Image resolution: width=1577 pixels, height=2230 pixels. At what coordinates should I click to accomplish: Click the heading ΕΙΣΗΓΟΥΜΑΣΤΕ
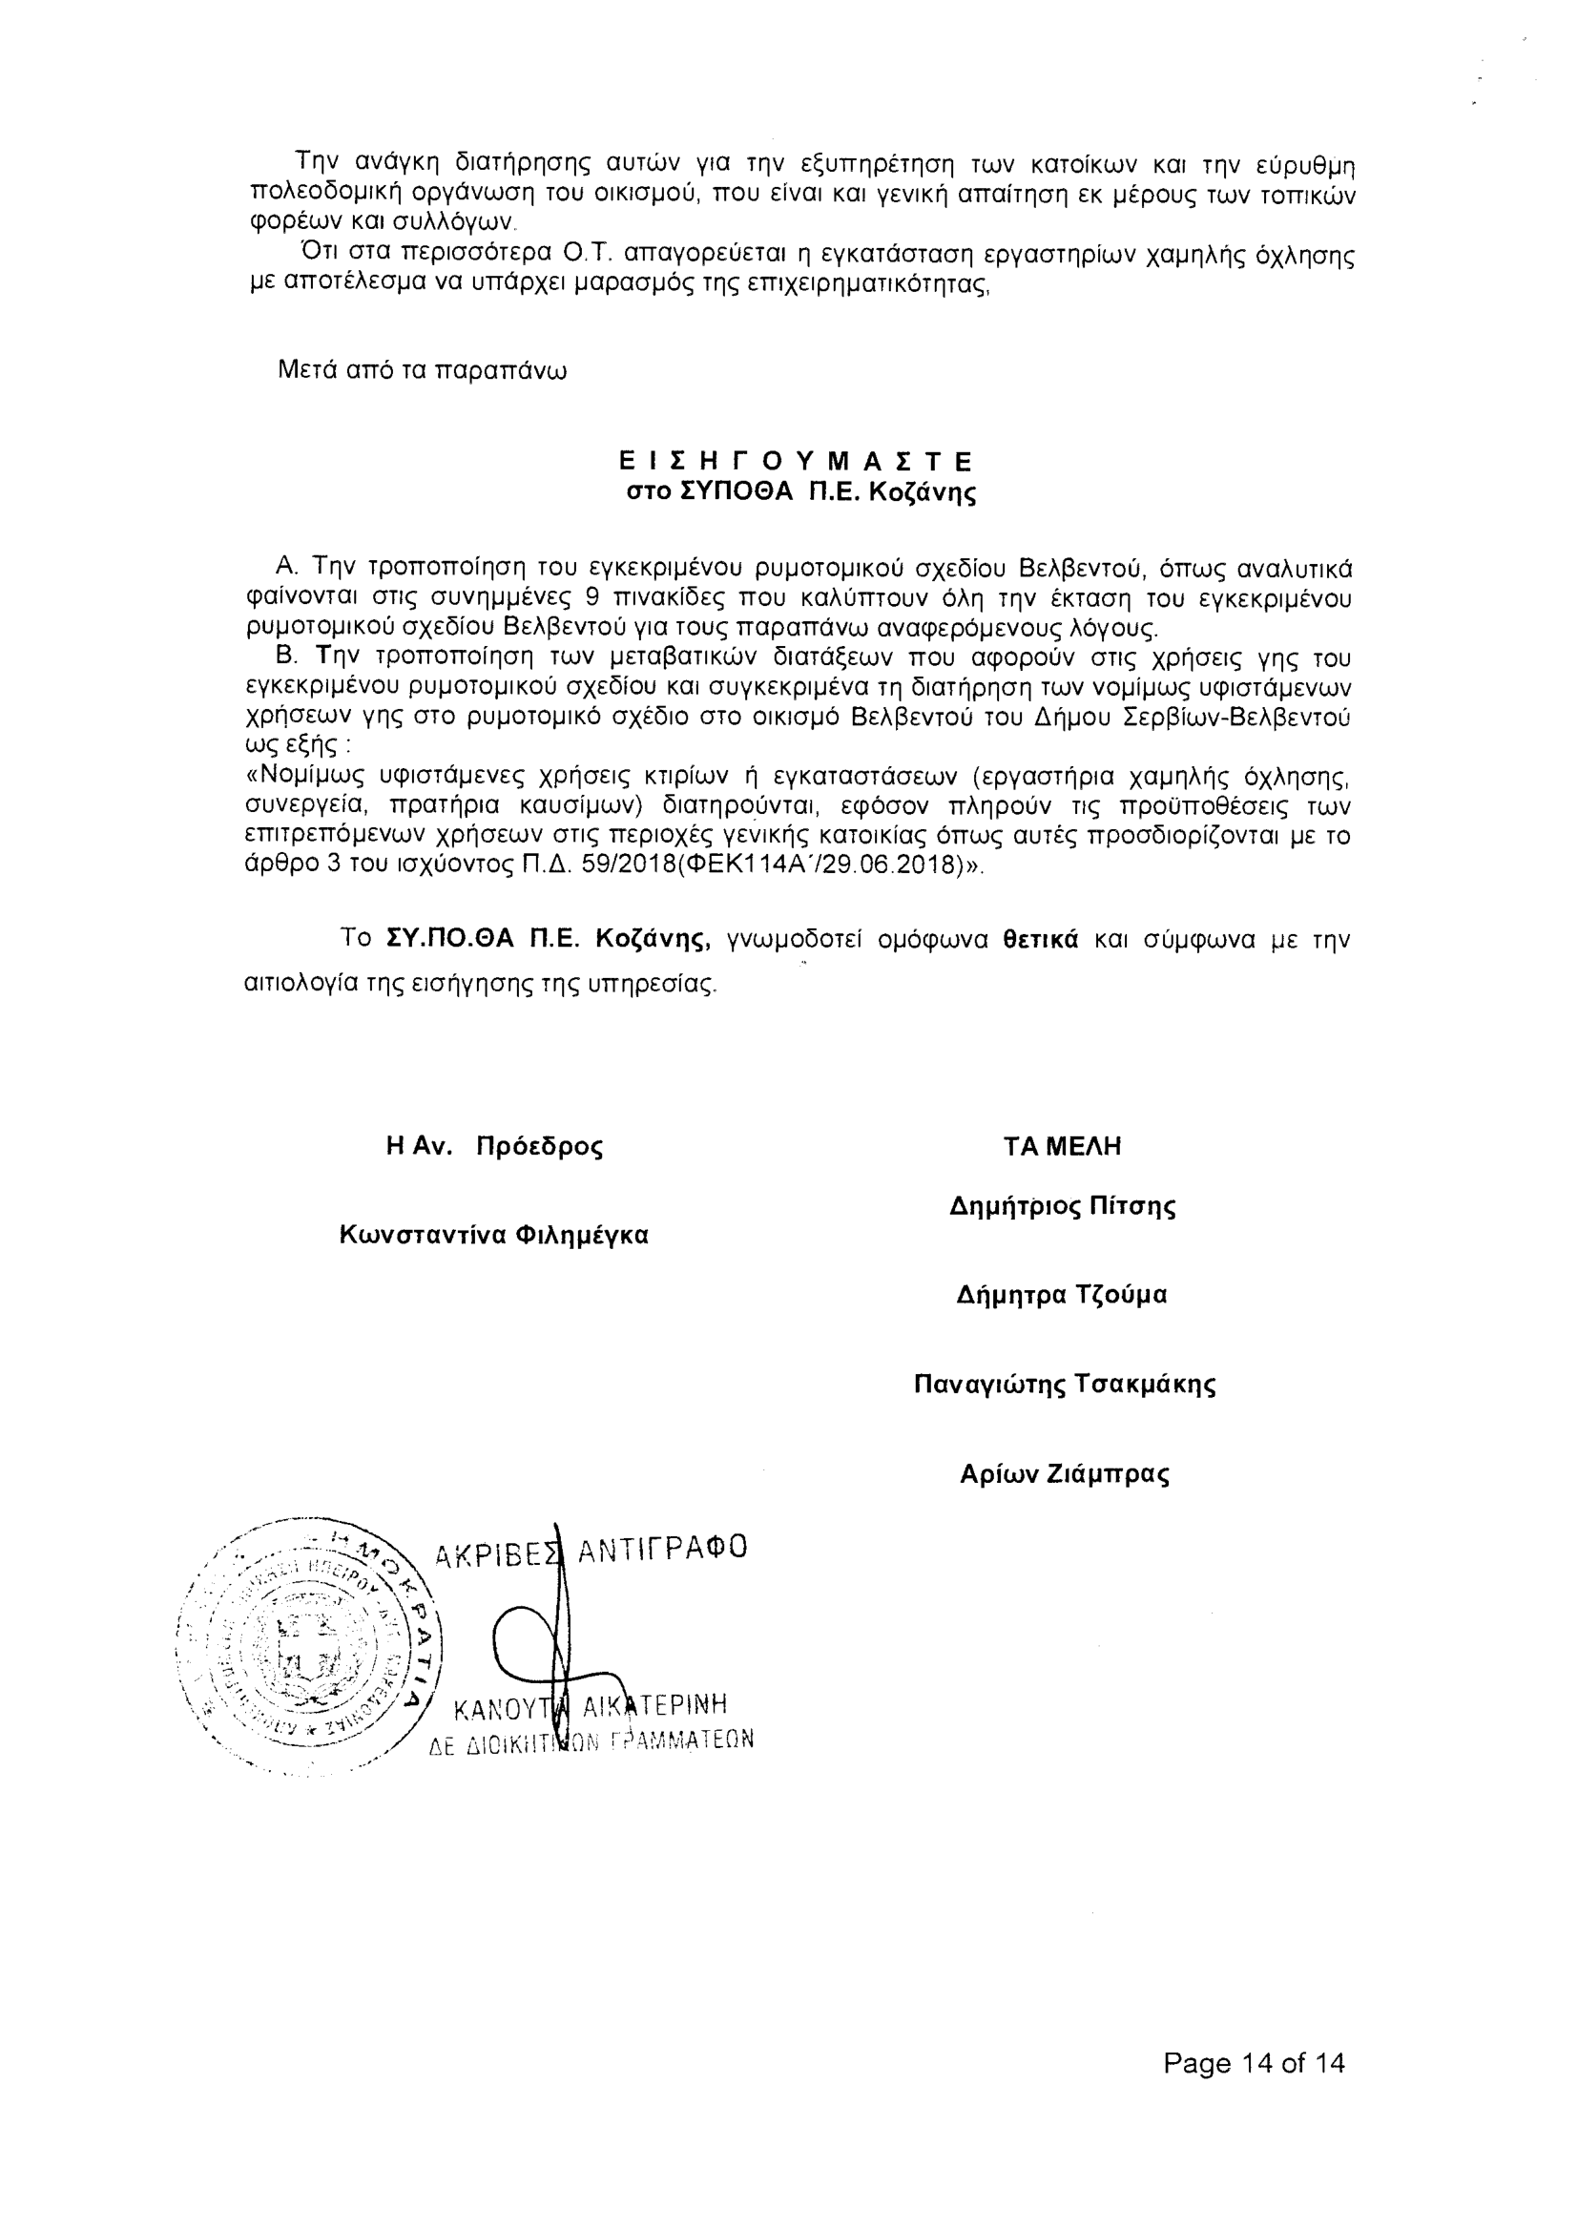(x=797, y=460)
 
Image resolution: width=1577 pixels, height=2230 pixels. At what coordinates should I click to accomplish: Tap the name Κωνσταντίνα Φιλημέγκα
(x=493, y=1236)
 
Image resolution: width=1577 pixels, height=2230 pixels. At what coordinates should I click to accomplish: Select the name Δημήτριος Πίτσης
(x=1063, y=1207)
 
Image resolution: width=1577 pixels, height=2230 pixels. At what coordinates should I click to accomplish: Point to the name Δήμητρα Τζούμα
(x=1062, y=1296)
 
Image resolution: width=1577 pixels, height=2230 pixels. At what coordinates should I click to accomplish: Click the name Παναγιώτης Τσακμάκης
(x=1065, y=1384)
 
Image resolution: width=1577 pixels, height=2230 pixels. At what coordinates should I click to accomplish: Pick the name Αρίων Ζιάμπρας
(x=1065, y=1474)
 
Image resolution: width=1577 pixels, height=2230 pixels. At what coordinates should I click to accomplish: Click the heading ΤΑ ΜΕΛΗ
(x=1063, y=1147)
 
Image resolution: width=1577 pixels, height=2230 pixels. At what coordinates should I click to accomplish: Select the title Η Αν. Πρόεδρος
(x=493, y=1147)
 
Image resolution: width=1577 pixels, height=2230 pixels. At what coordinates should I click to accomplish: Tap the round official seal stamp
(x=311, y=1646)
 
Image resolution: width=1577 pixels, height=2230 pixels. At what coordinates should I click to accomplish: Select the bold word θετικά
(x=1040, y=940)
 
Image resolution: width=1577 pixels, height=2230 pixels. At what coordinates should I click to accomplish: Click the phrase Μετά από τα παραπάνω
(x=423, y=371)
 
